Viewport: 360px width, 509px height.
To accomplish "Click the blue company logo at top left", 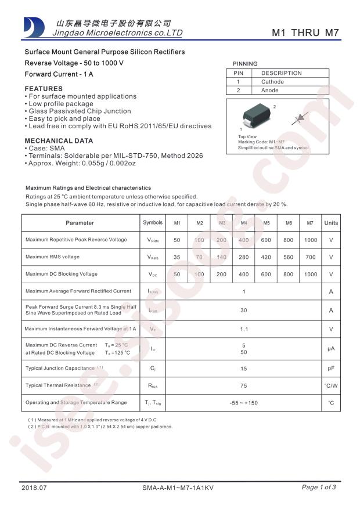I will [x=34, y=27].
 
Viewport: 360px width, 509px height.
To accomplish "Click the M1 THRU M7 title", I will [x=305, y=33].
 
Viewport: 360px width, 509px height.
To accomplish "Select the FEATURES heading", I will [x=44, y=88].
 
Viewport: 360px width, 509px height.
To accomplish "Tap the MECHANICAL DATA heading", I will [x=59, y=141].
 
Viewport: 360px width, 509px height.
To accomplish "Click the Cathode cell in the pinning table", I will [x=272, y=82].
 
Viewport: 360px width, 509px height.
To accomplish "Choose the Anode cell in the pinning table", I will [x=270, y=91].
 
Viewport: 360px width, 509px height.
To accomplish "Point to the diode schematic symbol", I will [x=301, y=118].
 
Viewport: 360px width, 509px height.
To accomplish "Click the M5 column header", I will [x=266, y=223].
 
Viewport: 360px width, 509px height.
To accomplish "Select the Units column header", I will [x=331, y=223].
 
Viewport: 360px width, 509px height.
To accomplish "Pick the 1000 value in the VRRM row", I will [x=311, y=240].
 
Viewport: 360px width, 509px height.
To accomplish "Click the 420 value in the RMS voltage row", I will [x=266, y=257].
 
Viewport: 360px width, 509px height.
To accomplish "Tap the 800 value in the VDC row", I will [x=288, y=274].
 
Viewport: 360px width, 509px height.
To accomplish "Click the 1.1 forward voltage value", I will [x=244, y=329].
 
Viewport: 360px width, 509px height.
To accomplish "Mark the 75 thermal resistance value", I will [x=244, y=385].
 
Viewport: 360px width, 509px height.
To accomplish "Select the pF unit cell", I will [x=331, y=368].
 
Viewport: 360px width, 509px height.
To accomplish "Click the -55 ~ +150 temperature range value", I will [x=244, y=403].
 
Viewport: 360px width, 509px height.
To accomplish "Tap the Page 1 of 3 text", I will [x=318, y=488].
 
